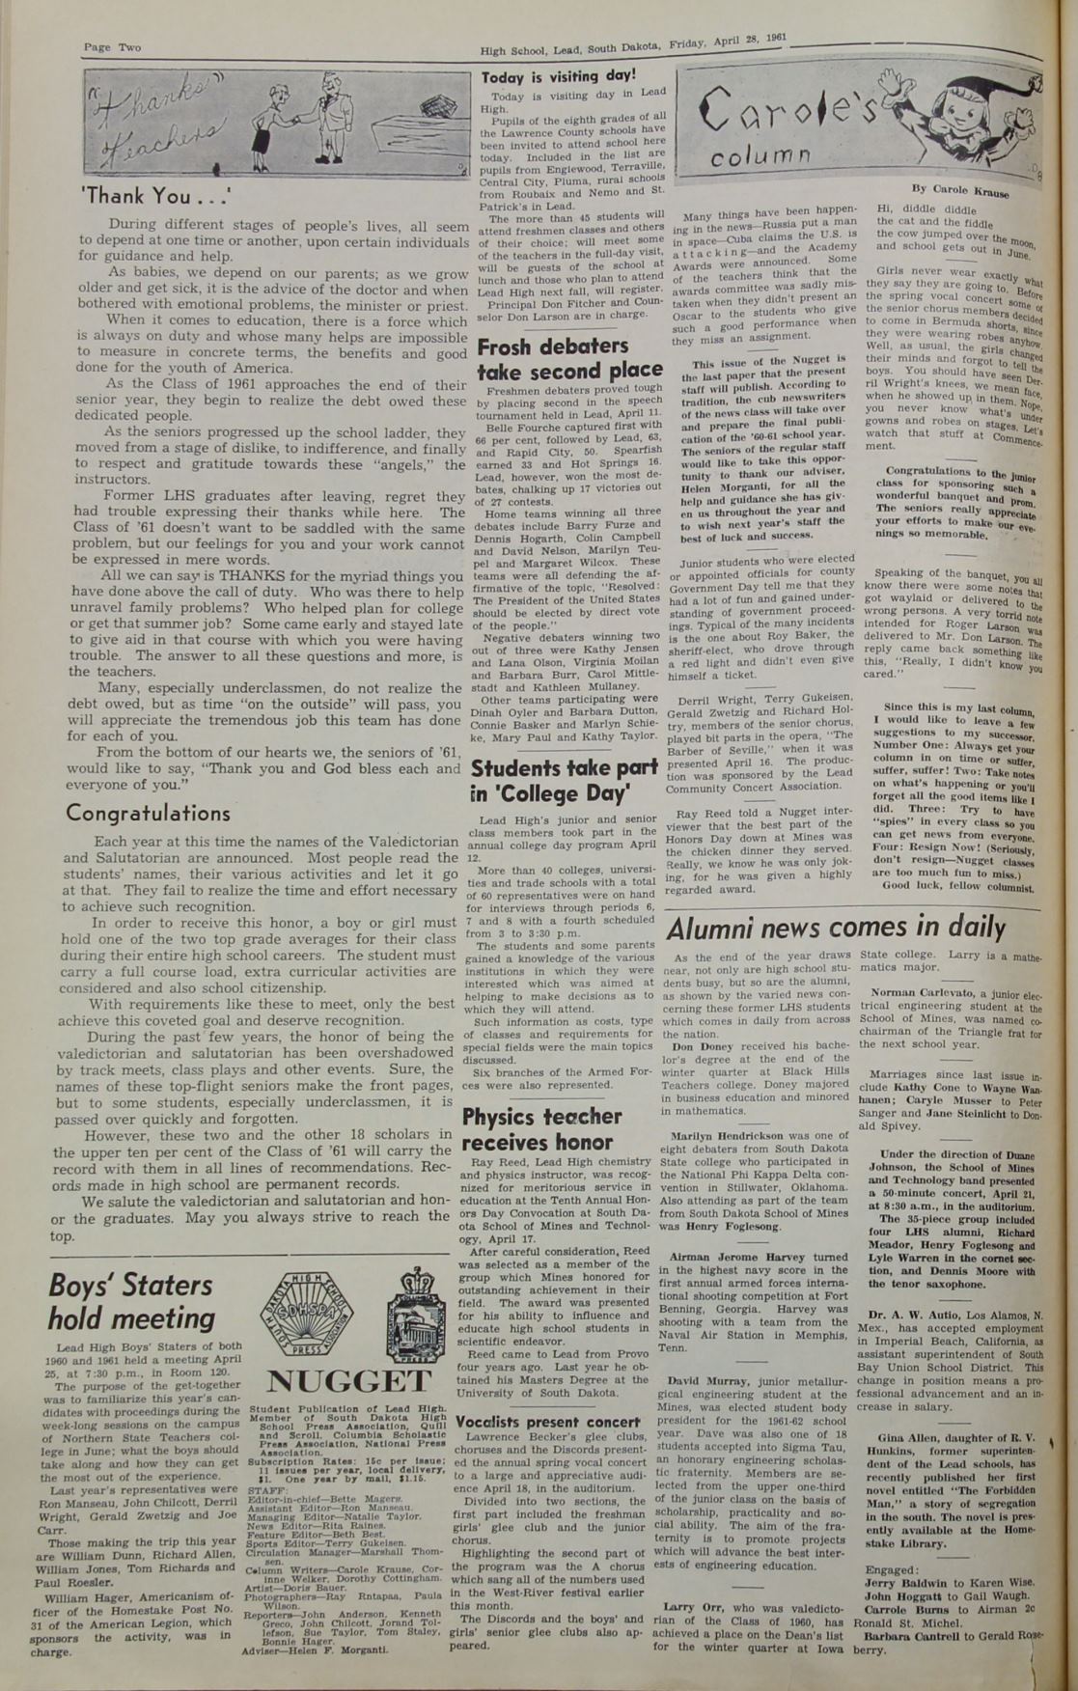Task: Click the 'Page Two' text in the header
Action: click(x=111, y=47)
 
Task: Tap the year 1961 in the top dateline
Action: click(x=776, y=39)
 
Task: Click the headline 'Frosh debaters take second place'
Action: click(x=569, y=358)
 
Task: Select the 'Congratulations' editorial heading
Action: click(x=148, y=813)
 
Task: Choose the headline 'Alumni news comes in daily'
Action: click(x=836, y=927)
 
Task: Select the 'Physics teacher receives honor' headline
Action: click(x=540, y=1129)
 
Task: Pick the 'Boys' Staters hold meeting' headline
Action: click(x=131, y=1301)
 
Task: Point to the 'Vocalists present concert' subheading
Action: click(x=548, y=1422)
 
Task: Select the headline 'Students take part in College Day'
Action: click(x=564, y=781)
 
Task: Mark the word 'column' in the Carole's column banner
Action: click(x=754, y=157)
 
